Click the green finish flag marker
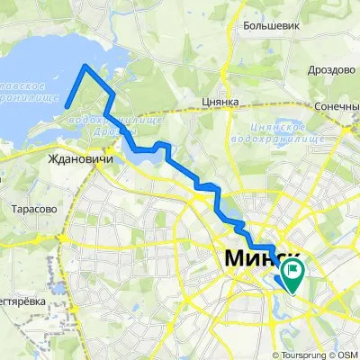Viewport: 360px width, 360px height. pyautogui.click(x=292, y=270)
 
